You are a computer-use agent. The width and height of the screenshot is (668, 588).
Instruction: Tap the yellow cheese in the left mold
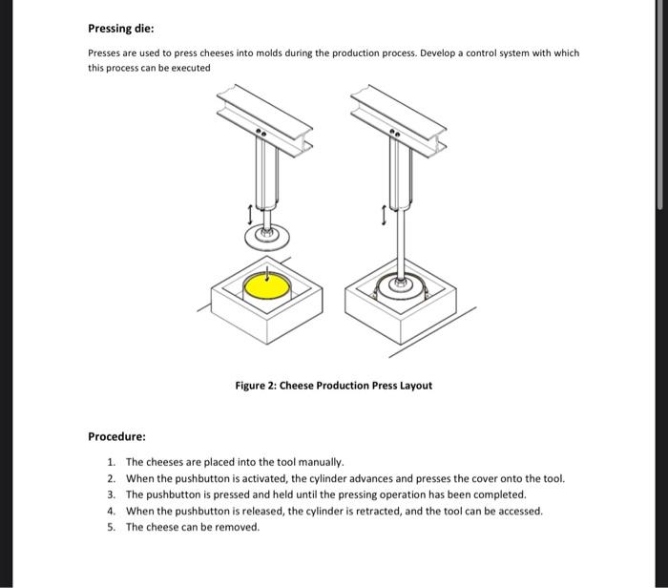click(x=265, y=284)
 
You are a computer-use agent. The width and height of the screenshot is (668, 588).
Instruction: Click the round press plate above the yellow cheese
click(x=267, y=236)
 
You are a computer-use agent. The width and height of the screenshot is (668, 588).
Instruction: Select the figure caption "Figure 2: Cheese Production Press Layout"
click(x=333, y=386)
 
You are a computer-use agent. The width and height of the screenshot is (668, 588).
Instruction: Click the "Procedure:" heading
click(x=116, y=436)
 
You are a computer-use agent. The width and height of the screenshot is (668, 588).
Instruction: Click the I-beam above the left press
click(x=259, y=120)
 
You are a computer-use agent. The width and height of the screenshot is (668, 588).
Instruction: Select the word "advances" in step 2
click(x=345, y=478)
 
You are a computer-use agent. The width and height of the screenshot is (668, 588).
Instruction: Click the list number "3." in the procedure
click(x=112, y=494)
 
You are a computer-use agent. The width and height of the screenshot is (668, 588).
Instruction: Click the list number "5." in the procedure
click(x=112, y=527)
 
